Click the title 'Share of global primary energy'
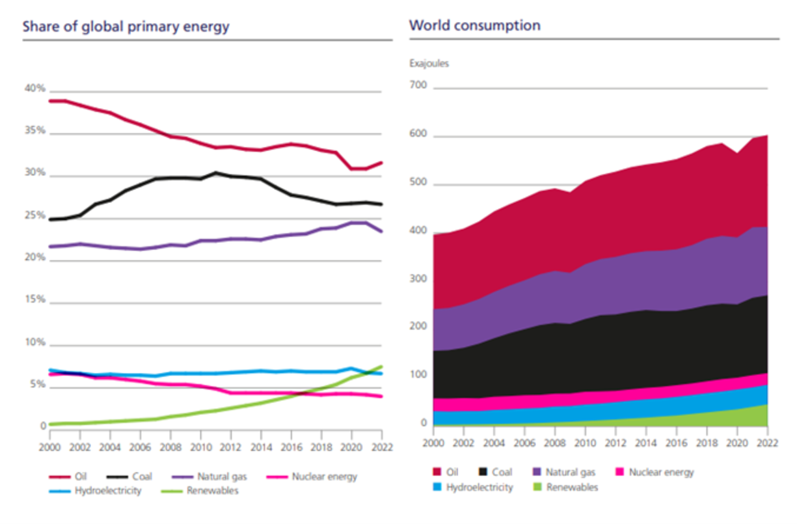pos(126,27)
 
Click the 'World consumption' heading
pos(474,25)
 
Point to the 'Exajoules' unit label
pos(429,64)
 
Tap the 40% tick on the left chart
pos(34,89)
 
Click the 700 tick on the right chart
pos(418,86)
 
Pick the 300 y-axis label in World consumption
pos(418,279)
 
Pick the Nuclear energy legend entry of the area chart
pos(660,472)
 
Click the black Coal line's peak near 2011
pos(215,172)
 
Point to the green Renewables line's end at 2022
pos(381,366)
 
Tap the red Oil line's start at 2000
pos(50,101)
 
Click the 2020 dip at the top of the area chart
pos(737,154)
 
